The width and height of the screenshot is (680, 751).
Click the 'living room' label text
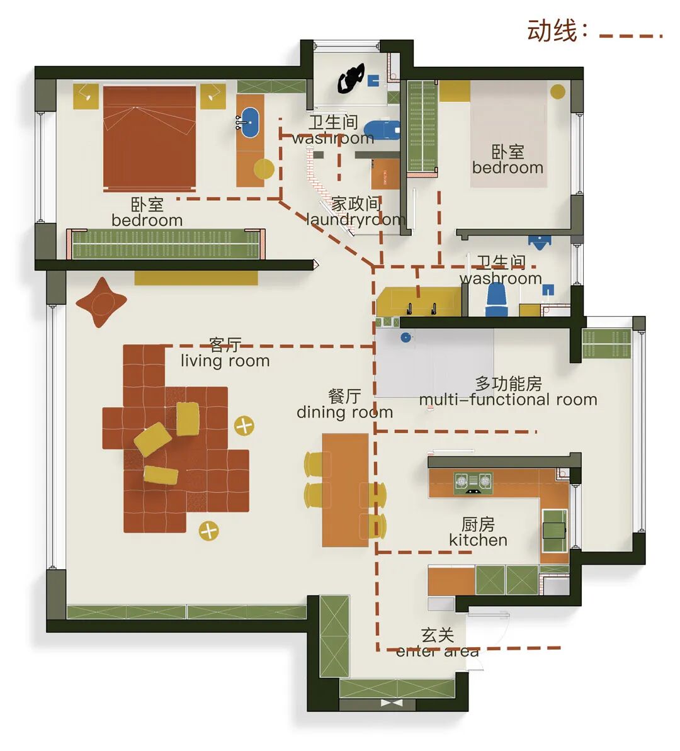tap(225, 360)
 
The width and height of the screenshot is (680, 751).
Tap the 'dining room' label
tap(344, 412)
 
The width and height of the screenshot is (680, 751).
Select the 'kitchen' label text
tap(478, 539)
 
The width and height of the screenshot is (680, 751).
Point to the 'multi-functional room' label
tap(507, 399)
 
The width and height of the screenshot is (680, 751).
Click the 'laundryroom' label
tap(356, 219)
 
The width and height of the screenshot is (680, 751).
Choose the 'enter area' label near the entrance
tap(437, 652)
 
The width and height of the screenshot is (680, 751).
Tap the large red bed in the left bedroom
tap(149, 137)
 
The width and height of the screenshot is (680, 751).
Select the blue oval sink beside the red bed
tap(250, 122)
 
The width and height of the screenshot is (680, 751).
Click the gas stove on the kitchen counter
tap(473, 482)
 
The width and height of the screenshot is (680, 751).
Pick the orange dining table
tap(345, 490)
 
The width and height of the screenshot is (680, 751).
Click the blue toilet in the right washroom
tap(497, 300)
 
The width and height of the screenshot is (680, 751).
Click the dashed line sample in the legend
tap(630, 36)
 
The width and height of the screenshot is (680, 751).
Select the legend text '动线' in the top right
tap(552, 30)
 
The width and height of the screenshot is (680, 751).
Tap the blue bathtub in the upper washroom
tap(382, 130)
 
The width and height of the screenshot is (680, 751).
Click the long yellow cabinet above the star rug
tap(196, 278)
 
